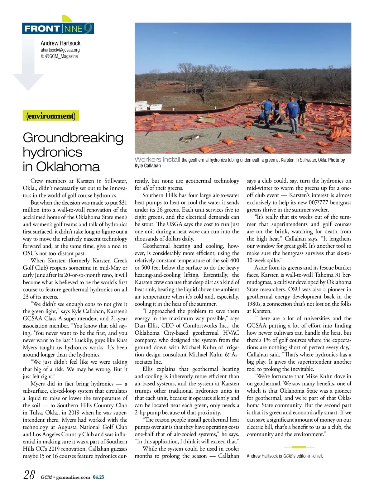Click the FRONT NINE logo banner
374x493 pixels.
(58, 29)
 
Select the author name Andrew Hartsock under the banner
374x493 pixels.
(60, 43)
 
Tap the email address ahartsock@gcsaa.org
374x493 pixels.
(60, 50)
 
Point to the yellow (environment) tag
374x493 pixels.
(51, 116)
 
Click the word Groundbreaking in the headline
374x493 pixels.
(73, 138)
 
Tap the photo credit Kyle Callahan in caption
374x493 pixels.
(148, 166)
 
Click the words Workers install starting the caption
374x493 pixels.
(157, 160)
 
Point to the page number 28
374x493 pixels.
(30, 475)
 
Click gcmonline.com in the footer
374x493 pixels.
(73, 477)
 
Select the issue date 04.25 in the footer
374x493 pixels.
(98, 477)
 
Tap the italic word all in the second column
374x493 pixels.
(145, 188)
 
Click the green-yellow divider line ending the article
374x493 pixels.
(299, 447)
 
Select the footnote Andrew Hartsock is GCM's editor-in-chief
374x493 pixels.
(285, 456)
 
